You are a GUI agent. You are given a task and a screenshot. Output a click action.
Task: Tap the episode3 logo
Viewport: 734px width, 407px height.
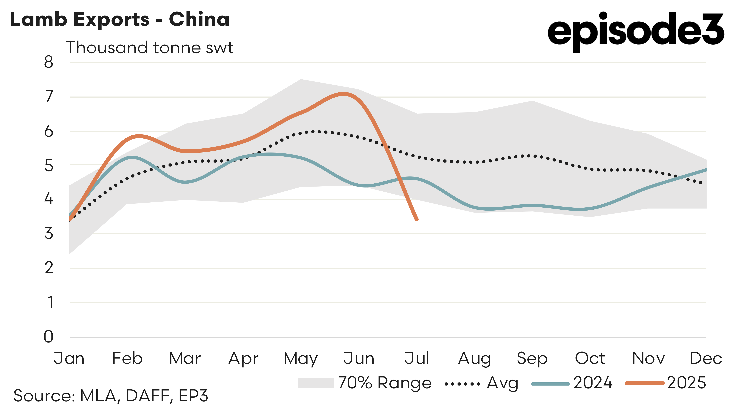(635, 31)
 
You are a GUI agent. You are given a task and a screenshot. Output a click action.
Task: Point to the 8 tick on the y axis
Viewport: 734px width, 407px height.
(49, 62)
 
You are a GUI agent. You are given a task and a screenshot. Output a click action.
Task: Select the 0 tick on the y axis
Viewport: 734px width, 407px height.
(49, 337)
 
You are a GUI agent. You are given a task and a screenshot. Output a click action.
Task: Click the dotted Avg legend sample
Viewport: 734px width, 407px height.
(462, 384)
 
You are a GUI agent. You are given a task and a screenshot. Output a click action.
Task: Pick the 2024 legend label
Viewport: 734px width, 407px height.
(593, 383)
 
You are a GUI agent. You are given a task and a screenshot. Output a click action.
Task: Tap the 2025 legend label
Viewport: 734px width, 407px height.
(686, 383)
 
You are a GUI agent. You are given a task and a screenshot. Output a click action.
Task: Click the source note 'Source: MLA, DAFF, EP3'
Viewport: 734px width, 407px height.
(111, 396)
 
